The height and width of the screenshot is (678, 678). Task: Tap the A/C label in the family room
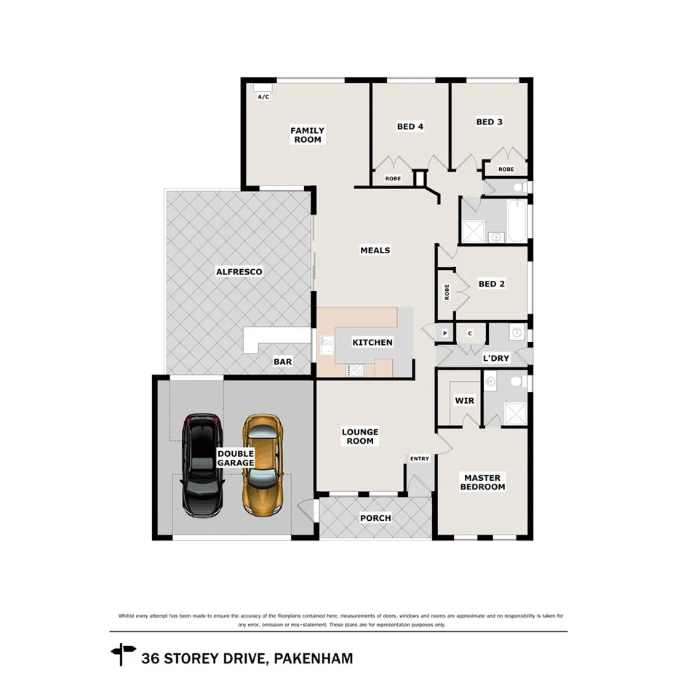[x=263, y=97]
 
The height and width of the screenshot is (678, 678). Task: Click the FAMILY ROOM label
[x=307, y=135]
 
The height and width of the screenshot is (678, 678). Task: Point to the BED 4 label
[x=410, y=127]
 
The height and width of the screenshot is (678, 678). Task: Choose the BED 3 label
[x=489, y=122]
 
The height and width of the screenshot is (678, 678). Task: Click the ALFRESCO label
[x=239, y=272]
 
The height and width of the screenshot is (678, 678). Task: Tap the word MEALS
[x=375, y=250]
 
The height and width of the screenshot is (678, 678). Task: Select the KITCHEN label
[x=372, y=343]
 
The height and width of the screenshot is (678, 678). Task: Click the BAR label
[x=282, y=362]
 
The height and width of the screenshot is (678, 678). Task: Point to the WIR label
[x=464, y=401]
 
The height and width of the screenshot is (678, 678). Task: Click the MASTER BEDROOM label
[x=482, y=482]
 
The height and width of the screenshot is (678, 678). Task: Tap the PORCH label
[x=375, y=518]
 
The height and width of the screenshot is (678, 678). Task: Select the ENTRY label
[x=420, y=459]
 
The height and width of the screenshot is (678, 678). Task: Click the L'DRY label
[x=495, y=359]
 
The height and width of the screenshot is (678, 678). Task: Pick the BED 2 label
[x=491, y=284]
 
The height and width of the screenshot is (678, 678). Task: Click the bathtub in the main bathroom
[x=518, y=222]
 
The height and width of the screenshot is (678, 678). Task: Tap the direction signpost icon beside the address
[x=123, y=654]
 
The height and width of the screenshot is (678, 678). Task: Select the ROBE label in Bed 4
[x=393, y=178]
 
